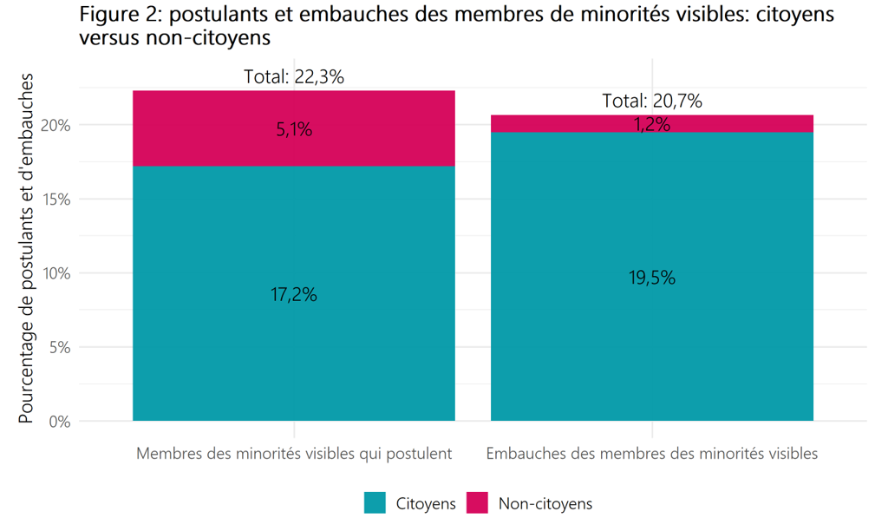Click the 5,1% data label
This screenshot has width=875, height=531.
coord(294,131)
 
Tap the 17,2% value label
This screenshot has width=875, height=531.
coord(294,295)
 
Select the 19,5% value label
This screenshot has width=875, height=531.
coord(652,278)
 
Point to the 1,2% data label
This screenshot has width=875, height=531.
coord(652,125)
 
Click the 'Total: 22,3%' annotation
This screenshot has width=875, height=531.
coord(294,77)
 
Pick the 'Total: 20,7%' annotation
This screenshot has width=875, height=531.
coord(652,102)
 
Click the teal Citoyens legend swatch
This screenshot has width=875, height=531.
coord(375,502)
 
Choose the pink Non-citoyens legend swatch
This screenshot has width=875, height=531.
coord(477,502)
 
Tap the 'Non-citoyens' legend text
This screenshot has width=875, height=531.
coord(545,503)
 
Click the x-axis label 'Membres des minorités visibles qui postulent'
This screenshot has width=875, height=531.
coord(294,454)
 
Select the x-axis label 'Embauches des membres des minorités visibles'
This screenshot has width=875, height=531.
coord(652,454)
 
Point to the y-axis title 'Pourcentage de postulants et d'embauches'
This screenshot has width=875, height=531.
coord(26,248)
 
